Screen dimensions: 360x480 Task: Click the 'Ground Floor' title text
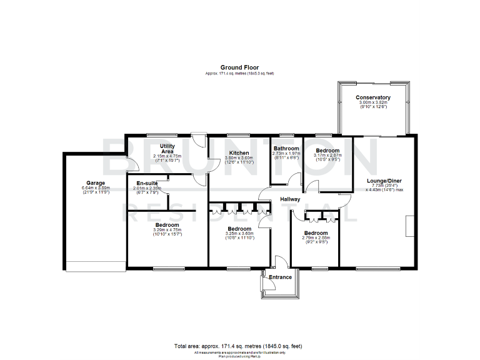click(239, 67)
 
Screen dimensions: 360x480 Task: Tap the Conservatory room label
click(373, 97)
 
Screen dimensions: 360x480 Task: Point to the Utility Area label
click(166, 148)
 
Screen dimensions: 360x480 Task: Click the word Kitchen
click(239, 153)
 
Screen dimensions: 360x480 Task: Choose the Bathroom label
click(286, 148)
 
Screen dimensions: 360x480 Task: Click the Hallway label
click(290, 199)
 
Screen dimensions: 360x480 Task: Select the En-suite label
click(147, 182)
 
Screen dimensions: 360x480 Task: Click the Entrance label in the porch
click(280, 276)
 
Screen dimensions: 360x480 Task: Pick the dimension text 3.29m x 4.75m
click(167, 230)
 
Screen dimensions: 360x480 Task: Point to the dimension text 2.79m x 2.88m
click(315, 237)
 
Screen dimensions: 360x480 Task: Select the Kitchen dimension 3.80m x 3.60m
click(239, 158)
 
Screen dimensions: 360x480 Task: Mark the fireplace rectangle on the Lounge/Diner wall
click(410, 226)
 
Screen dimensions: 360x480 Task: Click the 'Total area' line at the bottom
click(239, 346)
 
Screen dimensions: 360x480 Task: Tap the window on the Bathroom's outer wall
click(287, 135)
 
